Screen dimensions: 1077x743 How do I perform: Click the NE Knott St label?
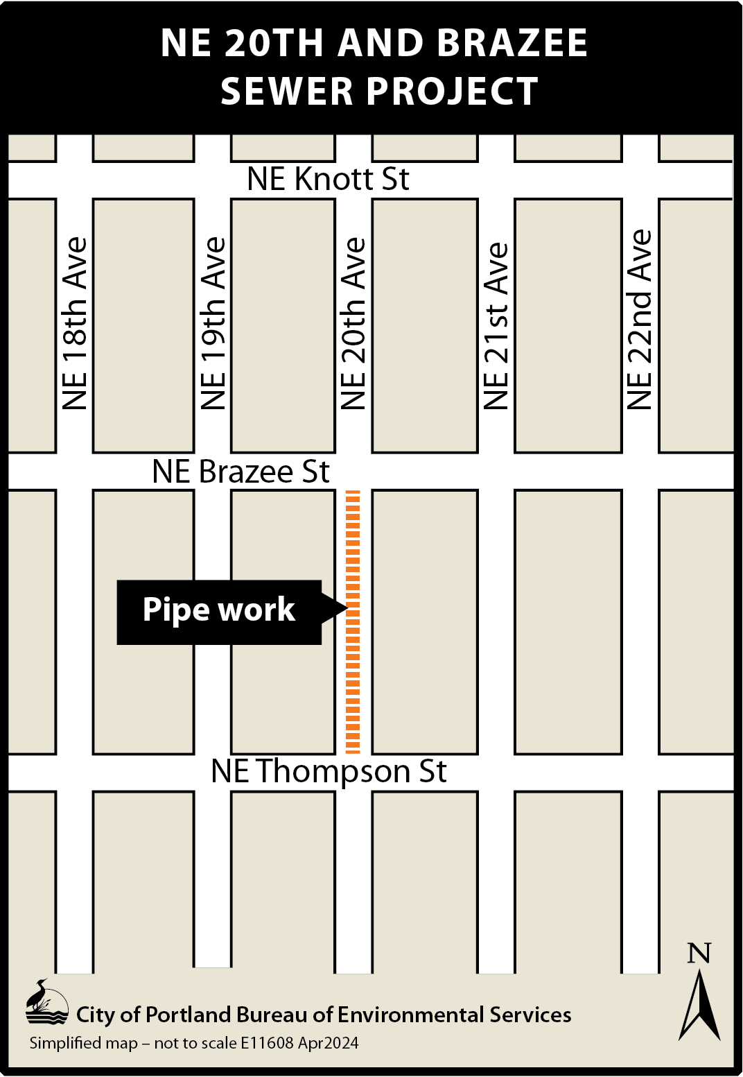pyautogui.click(x=328, y=179)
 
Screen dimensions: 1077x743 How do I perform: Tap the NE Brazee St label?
pyautogui.click(x=241, y=472)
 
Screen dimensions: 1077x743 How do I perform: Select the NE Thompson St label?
pyautogui.click(x=329, y=771)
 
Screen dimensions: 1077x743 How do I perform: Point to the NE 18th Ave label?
pyautogui.click(x=75, y=324)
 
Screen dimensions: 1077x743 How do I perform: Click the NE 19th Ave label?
pyautogui.click(x=213, y=324)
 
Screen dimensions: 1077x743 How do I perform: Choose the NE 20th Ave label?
pyautogui.click(x=353, y=324)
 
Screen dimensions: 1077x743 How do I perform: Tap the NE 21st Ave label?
pyautogui.click(x=496, y=326)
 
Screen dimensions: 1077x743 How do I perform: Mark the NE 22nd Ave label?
pyautogui.click(x=640, y=320)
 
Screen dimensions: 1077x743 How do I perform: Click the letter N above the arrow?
pyautogui.click(x=699, y=954)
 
